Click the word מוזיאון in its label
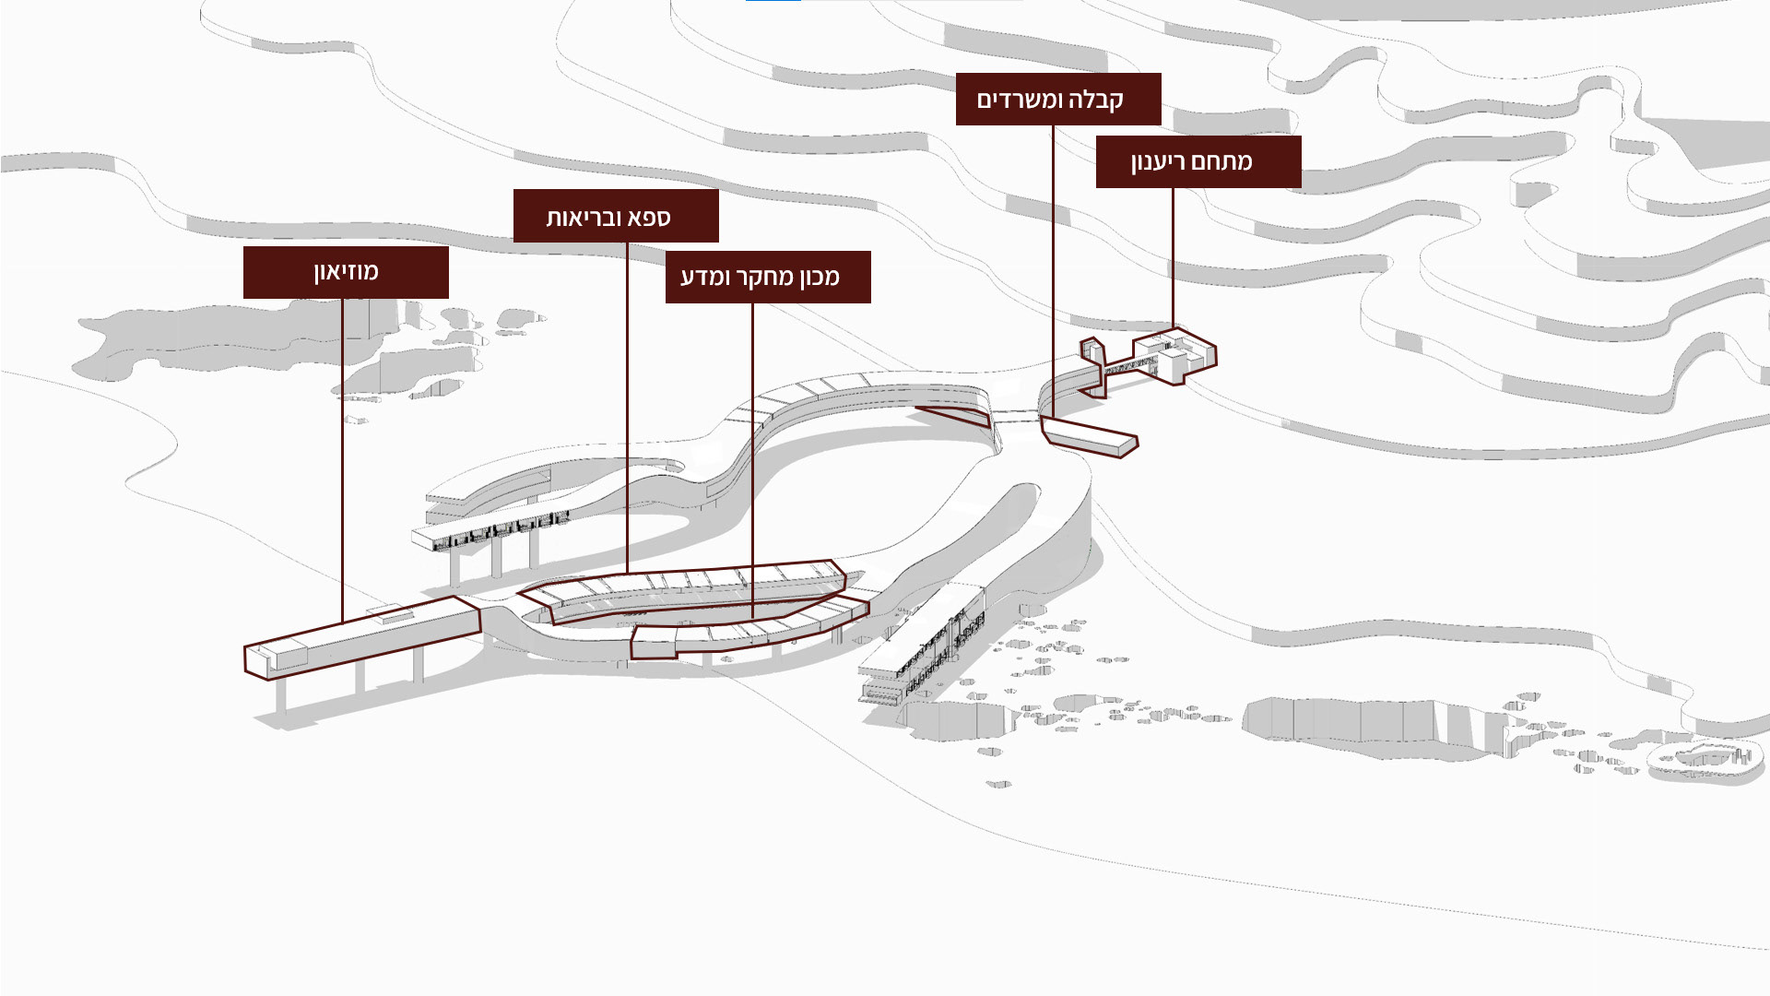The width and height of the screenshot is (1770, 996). pos(346,272)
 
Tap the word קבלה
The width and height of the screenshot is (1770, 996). pos(1096,99)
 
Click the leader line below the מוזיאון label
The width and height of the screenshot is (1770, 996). pos(342,461)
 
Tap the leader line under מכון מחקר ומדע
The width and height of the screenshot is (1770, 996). pos(752,461)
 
